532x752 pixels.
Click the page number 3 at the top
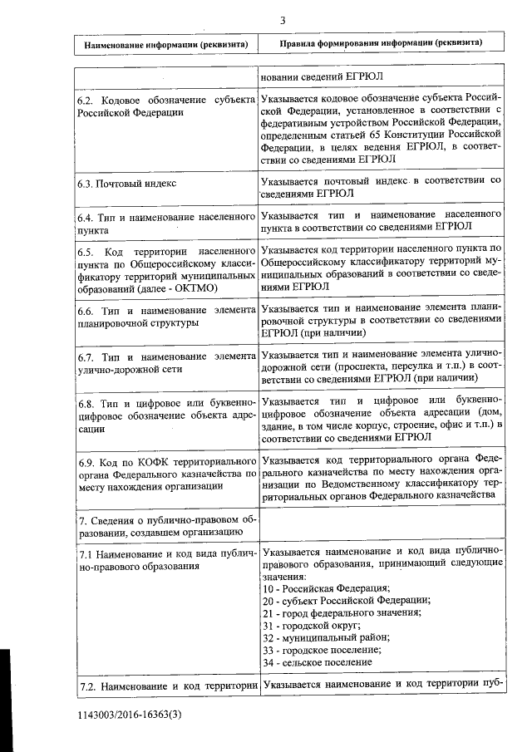click(283, 21)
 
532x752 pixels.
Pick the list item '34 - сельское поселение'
click(316, 662)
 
